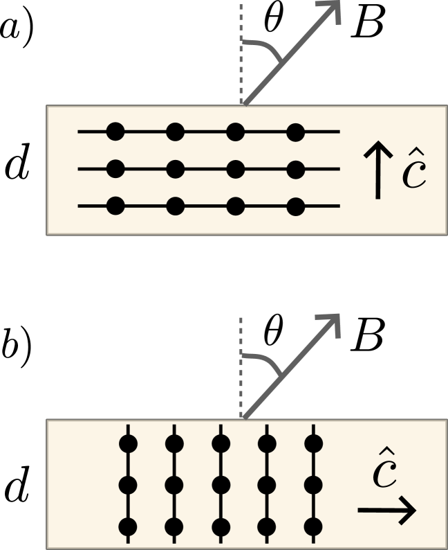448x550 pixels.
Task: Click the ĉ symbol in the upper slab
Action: pos(414,173)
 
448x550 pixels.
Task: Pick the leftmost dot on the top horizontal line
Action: pos(115,131)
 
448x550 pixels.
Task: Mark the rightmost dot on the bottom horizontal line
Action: pos(296,206)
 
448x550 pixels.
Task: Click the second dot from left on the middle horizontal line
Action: pos(176,168)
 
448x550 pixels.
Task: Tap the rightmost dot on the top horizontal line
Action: pos(296,131)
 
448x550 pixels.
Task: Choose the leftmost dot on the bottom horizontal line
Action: pos(115,206)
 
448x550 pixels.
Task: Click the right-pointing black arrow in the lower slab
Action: pos(387,512)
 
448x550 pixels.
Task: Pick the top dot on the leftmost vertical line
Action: pos(128,443)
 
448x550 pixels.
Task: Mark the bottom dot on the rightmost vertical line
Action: pos(314,528)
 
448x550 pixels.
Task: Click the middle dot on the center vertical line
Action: pos(221,485)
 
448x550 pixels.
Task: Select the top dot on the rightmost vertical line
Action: pos(314,443)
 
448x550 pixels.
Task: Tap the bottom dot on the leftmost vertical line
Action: pos(128,528)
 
